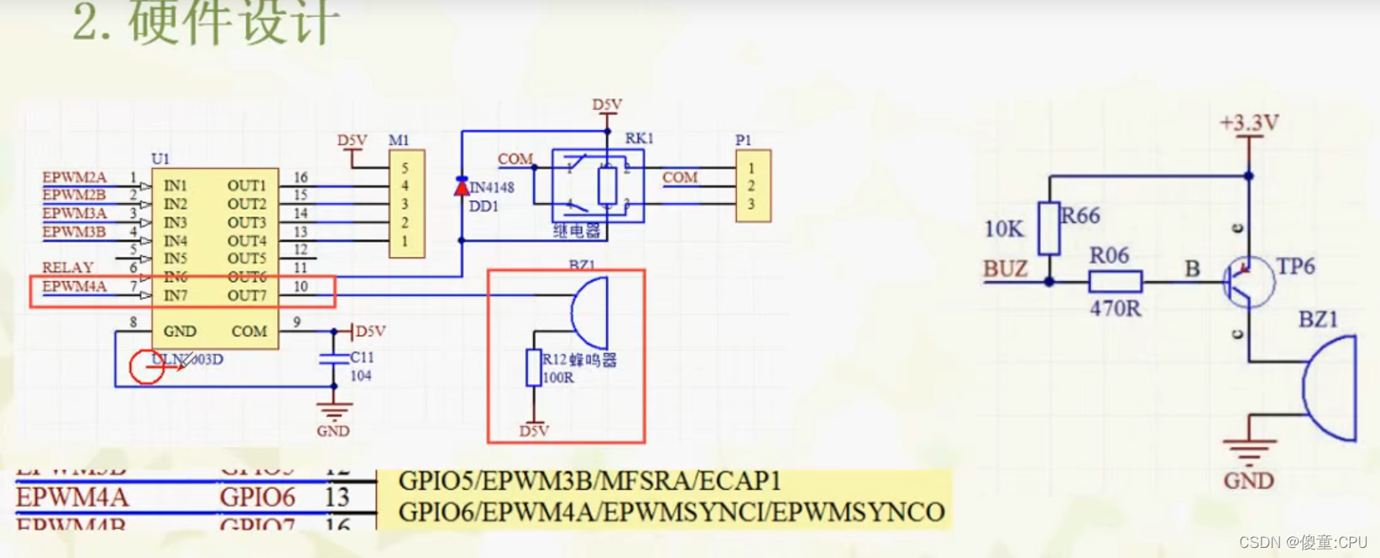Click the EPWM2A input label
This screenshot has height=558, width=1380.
[x=75, y=177]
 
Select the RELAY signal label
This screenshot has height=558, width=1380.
[x=67, y=268]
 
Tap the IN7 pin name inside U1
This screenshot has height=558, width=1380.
[x=175, y=295]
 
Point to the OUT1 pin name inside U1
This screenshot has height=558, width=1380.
[x=246, y=185]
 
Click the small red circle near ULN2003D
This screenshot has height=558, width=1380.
[x=146, y=367]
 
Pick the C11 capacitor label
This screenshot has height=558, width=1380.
[x=362, y=357]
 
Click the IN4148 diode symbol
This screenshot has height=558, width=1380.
[x=462, y=187]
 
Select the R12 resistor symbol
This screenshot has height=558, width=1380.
[x=533, y=368]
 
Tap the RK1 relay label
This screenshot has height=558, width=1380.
[x=639, y=138]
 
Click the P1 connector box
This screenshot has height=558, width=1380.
[x=752, y=185]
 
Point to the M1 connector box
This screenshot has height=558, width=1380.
[x=406, y=204]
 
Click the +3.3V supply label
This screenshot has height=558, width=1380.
[x=1248, y=123]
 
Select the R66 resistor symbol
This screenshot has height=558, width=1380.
[x=1048, y=227]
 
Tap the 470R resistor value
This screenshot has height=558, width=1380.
[x=1115, y=309]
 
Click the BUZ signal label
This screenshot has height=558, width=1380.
[x=1005, y=269]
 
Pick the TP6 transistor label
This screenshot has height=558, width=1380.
[x=1295, y=267]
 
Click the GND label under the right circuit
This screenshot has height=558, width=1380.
[x=1248, y=481]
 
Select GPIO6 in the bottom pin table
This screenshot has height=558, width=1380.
[x=258, y=498]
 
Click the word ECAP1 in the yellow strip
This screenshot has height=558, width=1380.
[x=745, y=481]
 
